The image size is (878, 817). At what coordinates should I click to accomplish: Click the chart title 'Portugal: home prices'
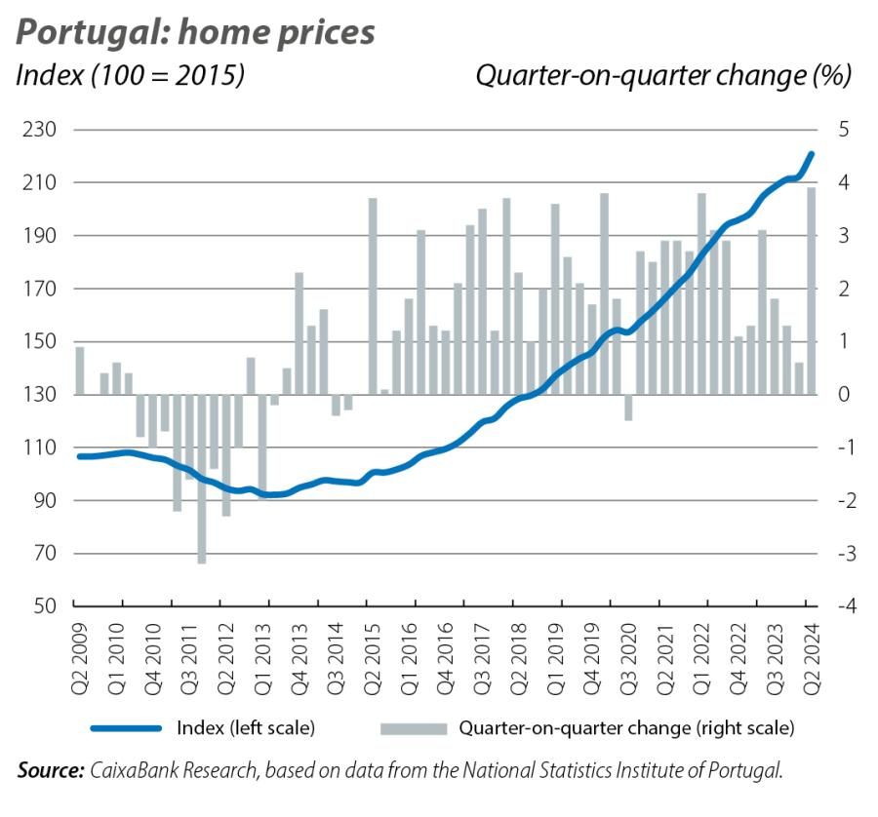click(196, 31)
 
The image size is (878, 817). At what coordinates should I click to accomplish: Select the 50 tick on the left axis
click(40, 606)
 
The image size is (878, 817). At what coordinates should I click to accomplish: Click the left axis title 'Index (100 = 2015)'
click(131, 75)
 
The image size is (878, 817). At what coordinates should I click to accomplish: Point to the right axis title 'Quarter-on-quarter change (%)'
click(663, 75)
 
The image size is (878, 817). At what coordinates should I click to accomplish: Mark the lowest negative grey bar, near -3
click(202, 478)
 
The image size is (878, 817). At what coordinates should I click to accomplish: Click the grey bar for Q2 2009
click(80, 371)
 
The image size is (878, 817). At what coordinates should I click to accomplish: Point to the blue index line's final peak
click(812, 153)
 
